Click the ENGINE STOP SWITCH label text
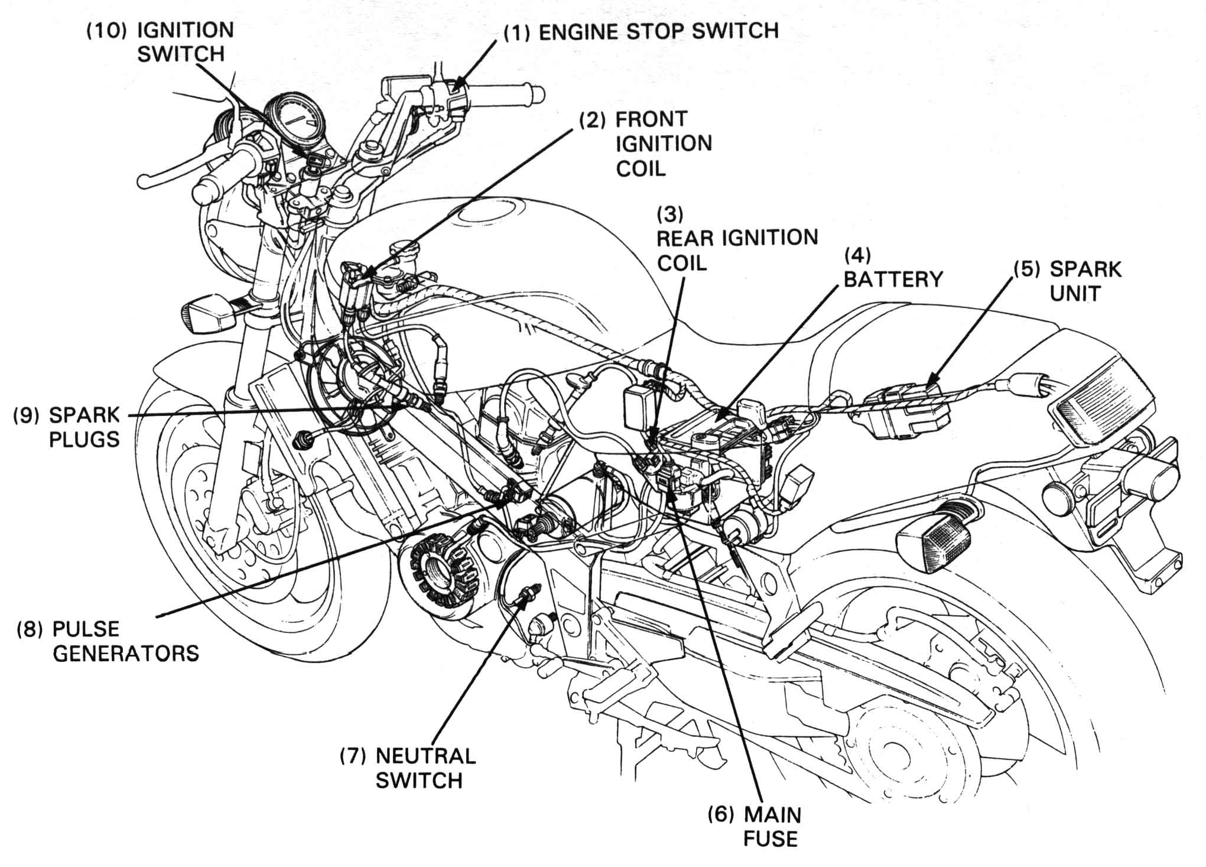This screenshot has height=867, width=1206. pyautogui.click(x=658, y=31)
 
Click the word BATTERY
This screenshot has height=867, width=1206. pyautogui.click(x=893, y=279)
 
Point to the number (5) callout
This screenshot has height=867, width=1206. pyautogui.click(x=1027, y=269)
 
